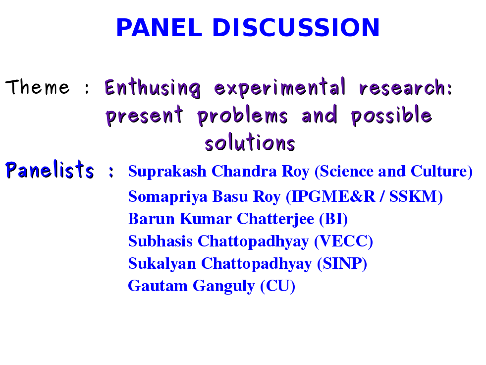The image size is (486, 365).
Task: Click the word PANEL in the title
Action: (160, 28)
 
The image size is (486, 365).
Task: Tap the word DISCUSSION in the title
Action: (296, 28)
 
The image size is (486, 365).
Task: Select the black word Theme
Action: (38, 87)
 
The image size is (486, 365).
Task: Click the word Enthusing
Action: (153, 88)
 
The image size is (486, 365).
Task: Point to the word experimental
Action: (279, 87)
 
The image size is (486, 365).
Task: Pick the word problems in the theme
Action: (243, 116)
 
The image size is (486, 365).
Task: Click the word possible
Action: (391, 116)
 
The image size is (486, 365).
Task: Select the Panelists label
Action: (50, 170)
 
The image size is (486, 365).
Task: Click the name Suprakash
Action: (167, 172)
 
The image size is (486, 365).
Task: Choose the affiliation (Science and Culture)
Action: (394, 172)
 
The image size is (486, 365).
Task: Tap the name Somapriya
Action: (167, 197)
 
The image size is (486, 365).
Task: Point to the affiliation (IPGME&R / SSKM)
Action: (364, 197)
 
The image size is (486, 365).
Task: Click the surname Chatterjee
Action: (275, 219)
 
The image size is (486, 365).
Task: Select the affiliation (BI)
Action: (333, 219)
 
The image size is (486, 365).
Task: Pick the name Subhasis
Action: (160, 241)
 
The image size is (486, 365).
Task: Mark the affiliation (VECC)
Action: (343, 242)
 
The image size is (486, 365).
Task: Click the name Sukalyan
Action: (162, 264)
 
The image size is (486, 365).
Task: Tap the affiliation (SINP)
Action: (342, 264)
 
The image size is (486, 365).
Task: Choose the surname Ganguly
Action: (224, 286)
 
